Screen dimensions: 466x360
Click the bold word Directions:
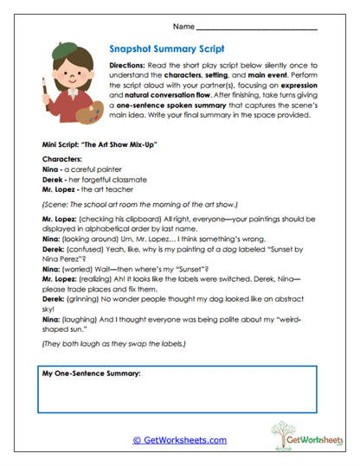coord(130,66)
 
